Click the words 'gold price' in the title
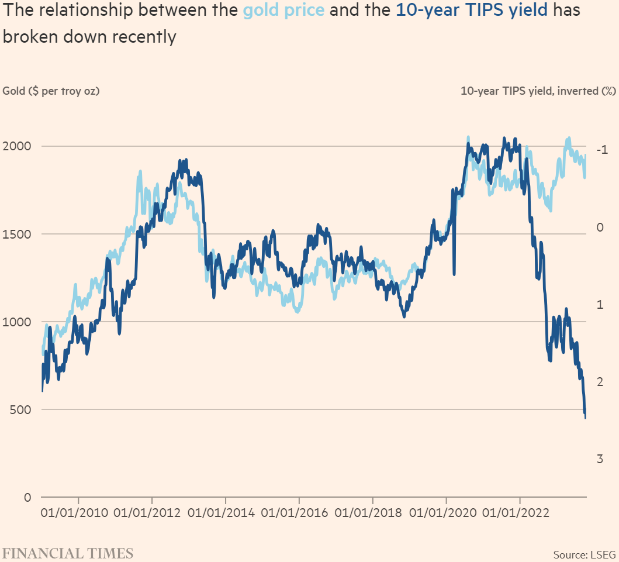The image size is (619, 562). click(283, 11)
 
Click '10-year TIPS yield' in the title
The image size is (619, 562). click(472, 11)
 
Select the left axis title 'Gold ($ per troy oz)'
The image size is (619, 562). click(51, 91)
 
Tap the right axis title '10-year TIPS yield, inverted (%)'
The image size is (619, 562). click(538, 91)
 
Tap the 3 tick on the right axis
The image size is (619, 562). click(600, 458)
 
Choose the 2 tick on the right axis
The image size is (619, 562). click(600, 381)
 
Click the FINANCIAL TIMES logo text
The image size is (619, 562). click(68, 553)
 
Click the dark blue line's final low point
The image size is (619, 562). click(586, 418)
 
